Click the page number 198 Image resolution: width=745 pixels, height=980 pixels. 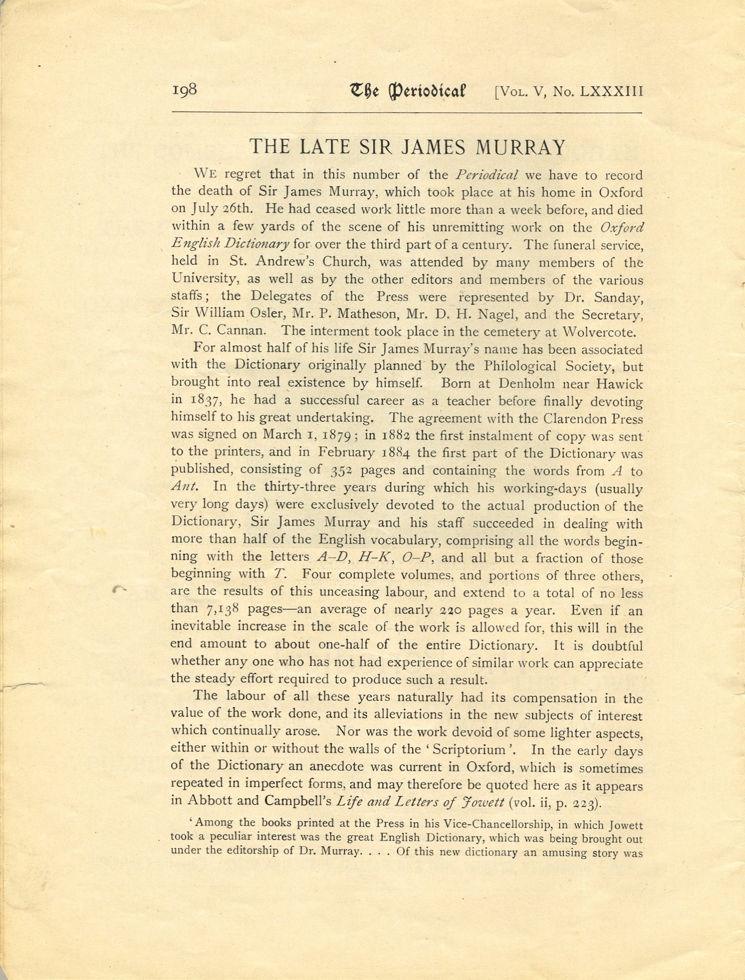coord(184,90)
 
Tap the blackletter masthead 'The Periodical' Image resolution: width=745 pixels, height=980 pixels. coord(407,91)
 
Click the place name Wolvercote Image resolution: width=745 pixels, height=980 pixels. coord(599,332)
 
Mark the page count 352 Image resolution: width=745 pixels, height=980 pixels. coord(341,471)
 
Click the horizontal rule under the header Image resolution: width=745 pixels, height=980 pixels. coord(406,113)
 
